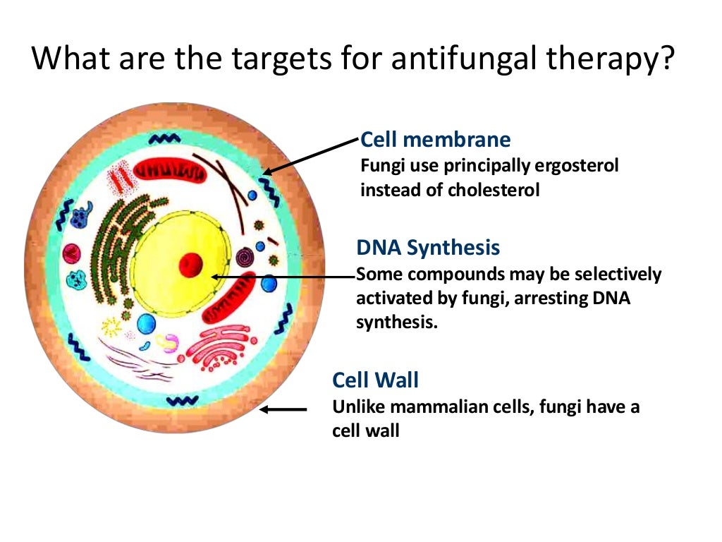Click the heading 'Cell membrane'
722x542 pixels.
click(x=435, y=139)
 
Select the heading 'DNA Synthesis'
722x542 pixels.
click(x=428, y=248)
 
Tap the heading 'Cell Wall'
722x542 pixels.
click(x=375, y=380)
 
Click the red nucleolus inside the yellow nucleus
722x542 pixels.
click(x=190, y=265)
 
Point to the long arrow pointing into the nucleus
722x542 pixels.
click(x=282, y=277)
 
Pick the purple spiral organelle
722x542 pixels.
click(x=245, y=258)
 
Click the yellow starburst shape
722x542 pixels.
click(x=111, y=326)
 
